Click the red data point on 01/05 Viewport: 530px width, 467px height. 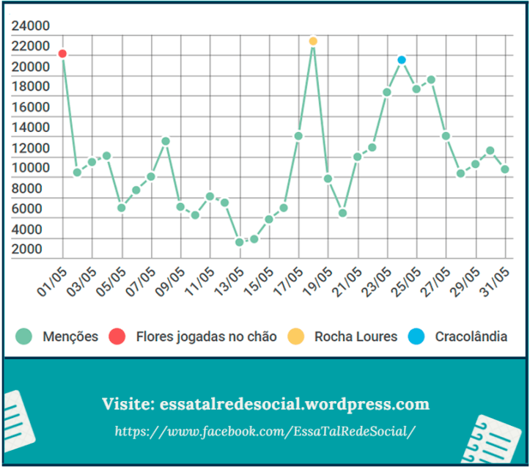(62, 54)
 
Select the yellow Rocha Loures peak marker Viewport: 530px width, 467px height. (313, 41)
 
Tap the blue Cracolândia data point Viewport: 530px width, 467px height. (402, 59)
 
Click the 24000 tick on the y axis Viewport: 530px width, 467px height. (30, 26)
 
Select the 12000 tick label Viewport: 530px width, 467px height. (30, 148)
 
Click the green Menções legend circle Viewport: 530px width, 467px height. (24, 337)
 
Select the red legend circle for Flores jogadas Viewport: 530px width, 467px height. (117, 337)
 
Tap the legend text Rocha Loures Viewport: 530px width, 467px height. (356, 337)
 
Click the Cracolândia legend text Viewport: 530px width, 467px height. (471, 337)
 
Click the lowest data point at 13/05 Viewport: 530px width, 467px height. (239, 242)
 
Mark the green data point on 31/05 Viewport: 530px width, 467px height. (505, 169)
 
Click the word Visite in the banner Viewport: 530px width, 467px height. (127, 404)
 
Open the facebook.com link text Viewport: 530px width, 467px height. (265, 431)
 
